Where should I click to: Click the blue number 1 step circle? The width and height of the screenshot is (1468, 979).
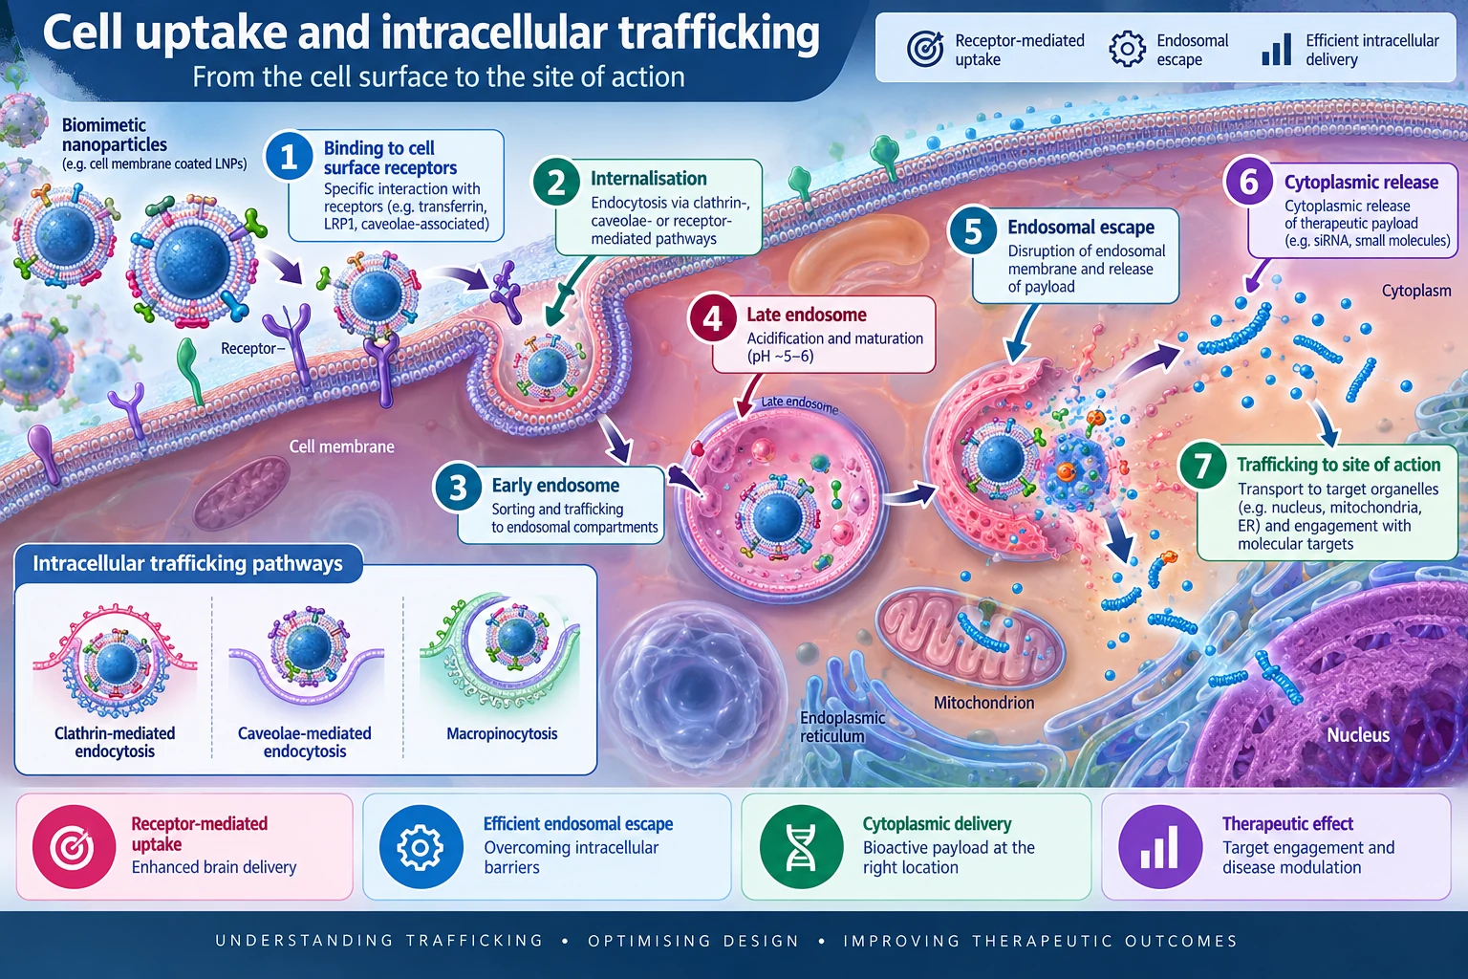click(x=289, y=158)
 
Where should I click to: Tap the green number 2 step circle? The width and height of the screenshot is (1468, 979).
click(x=556, y=182)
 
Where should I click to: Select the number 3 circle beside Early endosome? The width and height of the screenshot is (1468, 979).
click(x=458, y=488)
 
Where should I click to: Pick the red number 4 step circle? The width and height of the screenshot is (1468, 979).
click(x=712, y=318)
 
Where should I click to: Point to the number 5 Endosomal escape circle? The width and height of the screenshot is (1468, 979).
click(x=973, y=230)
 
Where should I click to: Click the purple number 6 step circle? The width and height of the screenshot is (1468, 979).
click(x=1249, y=181)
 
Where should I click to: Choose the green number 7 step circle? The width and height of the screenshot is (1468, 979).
click(x=1202, y=467)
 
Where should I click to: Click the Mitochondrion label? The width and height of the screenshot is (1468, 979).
click(x=983, y=703)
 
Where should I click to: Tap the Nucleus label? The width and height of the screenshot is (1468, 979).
click(x=1358, y=735)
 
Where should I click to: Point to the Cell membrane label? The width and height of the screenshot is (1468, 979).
click(x=342, y=446)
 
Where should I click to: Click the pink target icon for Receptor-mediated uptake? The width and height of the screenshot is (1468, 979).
click(x=74, y=846)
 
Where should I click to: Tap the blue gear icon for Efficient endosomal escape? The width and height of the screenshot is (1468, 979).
click(x=421, y=846)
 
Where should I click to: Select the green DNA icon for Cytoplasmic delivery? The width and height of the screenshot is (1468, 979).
click(x=801, y=846)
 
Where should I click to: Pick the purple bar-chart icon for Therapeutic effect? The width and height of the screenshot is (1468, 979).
click(x=1160, y=846)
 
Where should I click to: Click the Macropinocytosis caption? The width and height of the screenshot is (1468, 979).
click(x=502, y=733)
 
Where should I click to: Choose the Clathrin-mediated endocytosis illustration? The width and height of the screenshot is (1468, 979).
click(x=116, y=662)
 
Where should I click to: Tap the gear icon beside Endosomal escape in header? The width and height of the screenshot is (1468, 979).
click(x=1127, y=49)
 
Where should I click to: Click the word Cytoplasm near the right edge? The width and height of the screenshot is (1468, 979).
click(x=1416, y=291)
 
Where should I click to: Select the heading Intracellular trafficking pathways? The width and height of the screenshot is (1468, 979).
click(x=187, y=563)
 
